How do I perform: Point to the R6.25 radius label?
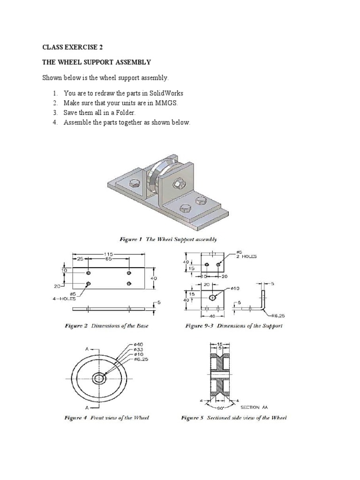coord(275,316)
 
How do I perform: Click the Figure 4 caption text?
coord(106,418)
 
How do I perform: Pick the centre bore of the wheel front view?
coord(99,378)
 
